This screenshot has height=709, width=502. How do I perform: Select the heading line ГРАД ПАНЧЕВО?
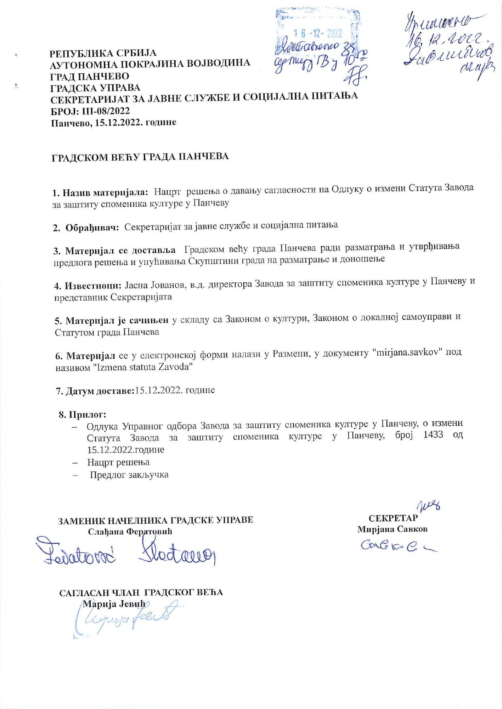89,76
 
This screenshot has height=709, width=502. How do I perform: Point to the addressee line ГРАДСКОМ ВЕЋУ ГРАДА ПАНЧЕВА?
140,157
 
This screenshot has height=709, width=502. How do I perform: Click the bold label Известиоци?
92,286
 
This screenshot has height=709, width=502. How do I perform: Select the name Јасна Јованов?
155,285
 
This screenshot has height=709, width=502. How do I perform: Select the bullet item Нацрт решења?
118,462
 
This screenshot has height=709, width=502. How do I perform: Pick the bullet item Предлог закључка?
129,475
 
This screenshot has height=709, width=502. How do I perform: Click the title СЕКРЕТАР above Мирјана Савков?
393,518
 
